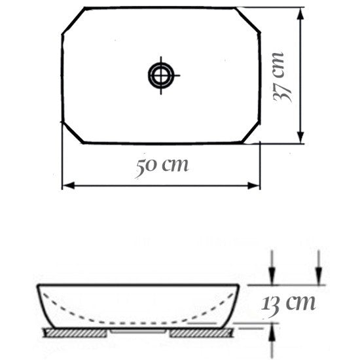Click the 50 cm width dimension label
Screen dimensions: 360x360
point(162,166)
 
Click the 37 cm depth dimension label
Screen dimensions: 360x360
point(282,77)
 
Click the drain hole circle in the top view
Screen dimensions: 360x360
point(160,75)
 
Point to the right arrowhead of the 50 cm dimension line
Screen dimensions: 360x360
point(254,185)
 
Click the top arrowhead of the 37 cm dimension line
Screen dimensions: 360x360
point(301,14)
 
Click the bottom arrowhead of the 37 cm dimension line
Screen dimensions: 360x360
point(301,137)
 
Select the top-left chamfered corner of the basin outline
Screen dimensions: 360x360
point(73,21)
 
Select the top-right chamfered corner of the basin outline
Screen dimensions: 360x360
point(248,20)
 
